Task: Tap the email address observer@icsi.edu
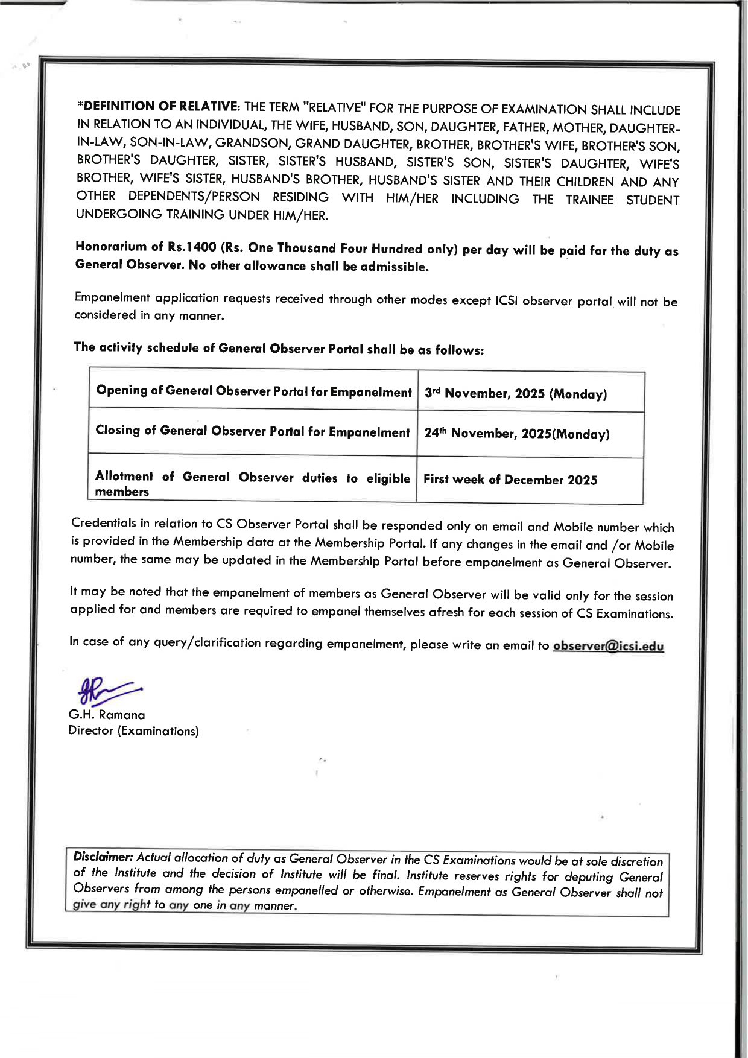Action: tap(608, 646)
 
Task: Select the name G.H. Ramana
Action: tap(107, 715)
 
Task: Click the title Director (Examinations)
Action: tap(133, 730)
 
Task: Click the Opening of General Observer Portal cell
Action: tap(253, 391)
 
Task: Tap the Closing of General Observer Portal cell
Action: tap(253, 431)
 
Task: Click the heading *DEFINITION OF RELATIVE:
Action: tap(159, 106)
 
